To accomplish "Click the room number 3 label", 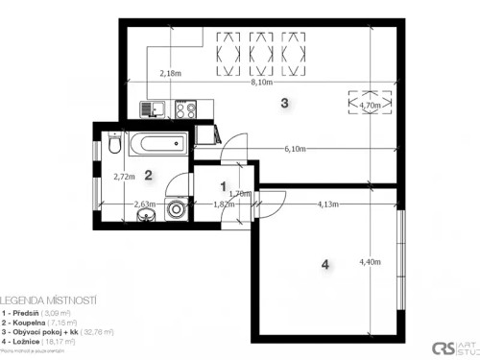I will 284,103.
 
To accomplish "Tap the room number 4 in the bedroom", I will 325,265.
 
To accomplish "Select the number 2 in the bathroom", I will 148,174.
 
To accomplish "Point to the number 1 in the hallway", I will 223,186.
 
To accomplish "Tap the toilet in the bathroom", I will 113,146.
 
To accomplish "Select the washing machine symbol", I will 176,209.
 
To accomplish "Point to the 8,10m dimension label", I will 261,83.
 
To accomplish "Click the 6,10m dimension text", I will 296,149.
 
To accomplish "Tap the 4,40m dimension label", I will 370,261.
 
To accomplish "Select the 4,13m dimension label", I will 329,204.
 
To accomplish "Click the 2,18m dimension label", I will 170,73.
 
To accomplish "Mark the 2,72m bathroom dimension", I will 123,177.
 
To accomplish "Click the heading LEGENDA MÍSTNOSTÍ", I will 50,300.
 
